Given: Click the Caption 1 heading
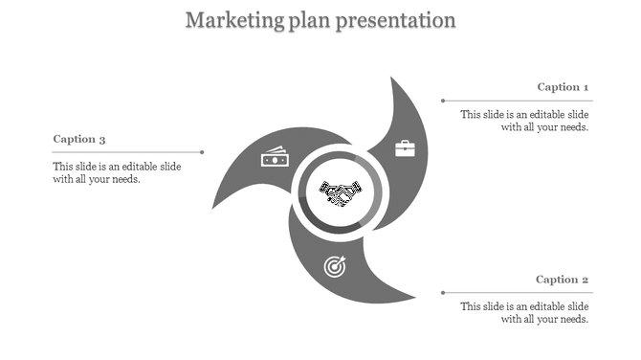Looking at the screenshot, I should pyautogui.click(x=563, y=87).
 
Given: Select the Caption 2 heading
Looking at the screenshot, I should pyautogui.click(x=562, y=280).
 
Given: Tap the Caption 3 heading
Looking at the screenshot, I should pyautogui.click(x=78, y=139).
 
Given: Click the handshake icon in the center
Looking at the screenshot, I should pyautogui.click(x=340, y=194).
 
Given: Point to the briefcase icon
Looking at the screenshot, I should pyautogui.click(x=406, y=147).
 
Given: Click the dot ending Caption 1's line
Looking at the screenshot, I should pyautogui.click(x=442, y=100).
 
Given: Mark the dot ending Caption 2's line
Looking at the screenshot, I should pyautogui.click(x=442, y=292).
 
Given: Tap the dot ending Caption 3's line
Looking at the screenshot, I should pyautogui.click(x=203, y=151).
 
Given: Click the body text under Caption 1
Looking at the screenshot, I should pyautogui.click(x=524, y=120).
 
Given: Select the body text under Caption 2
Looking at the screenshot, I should pyautogui.click(x=524, y=312).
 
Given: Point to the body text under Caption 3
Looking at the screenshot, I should pyautogui.click(x=117, y=172).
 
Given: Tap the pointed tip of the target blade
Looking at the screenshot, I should pyautogui.click(x=415, y=301).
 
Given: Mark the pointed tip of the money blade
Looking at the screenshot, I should pyautogui.click(x=211, y=207).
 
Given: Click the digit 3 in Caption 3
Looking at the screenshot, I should pyautogui.click(x=101, y=140).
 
